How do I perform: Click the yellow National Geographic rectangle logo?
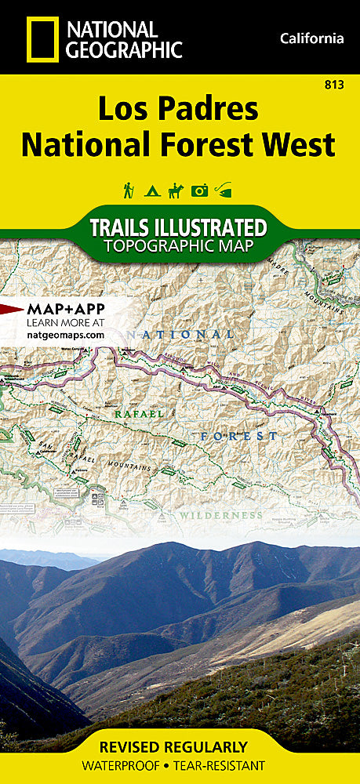[42, 39]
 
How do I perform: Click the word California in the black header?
[311, 38]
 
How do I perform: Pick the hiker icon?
[127, 190]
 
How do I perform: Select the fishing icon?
[226, 190]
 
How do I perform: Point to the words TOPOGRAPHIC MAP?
[180, 246]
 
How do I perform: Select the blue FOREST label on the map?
[238, 436]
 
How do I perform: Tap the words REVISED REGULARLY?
[180, 746]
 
